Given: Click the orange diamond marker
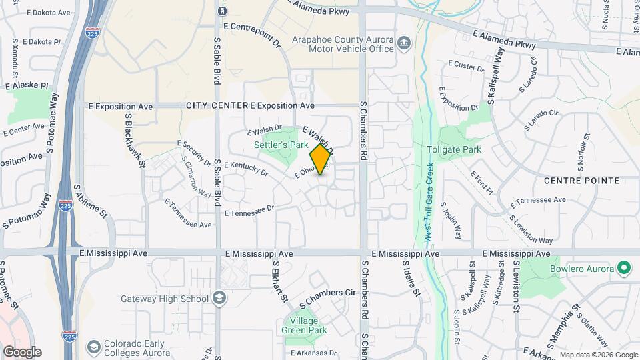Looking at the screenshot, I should click(321, 159).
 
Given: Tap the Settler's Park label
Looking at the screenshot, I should click(281, 144).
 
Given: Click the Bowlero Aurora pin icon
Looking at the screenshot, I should click(624, 269).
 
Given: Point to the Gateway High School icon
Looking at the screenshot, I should click(219, 299).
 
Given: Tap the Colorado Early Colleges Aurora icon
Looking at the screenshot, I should click(95, 347).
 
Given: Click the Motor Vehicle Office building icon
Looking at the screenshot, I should click(404, 44).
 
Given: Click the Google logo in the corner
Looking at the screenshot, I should click(22, 351).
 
